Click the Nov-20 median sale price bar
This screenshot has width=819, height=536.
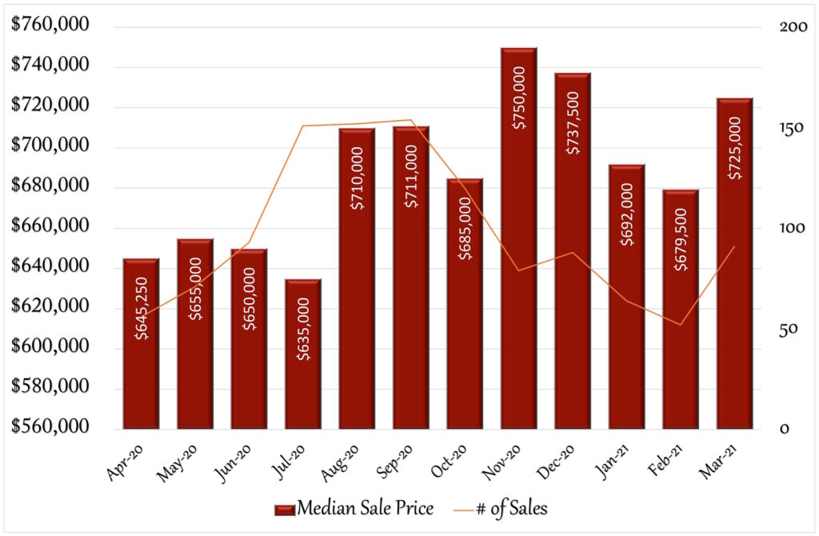coord(518,238)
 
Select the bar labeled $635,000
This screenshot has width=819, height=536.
coord(303,354)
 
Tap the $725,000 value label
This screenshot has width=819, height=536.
coord(735,148)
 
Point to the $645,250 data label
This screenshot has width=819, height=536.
coord(141,308)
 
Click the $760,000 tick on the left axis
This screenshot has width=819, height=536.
coord(50,24)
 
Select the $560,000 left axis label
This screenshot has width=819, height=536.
coord(50,426)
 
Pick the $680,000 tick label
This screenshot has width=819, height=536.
coord(50,185)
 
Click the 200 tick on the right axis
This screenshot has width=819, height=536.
coord(793,26)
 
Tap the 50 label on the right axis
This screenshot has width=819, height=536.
coord(788,329)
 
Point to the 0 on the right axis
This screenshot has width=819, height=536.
coord(784,429)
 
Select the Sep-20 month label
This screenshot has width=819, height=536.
coord(395,462)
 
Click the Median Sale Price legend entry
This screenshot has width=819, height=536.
coord(354,508)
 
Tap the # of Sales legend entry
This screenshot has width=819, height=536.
coord(501,508)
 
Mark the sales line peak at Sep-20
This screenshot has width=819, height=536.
coord(410,120)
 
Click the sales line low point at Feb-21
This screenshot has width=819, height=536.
coord(681,325)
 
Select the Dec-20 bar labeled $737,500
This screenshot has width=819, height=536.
coord(573,250)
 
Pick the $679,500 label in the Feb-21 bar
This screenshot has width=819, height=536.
coord(681,239)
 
